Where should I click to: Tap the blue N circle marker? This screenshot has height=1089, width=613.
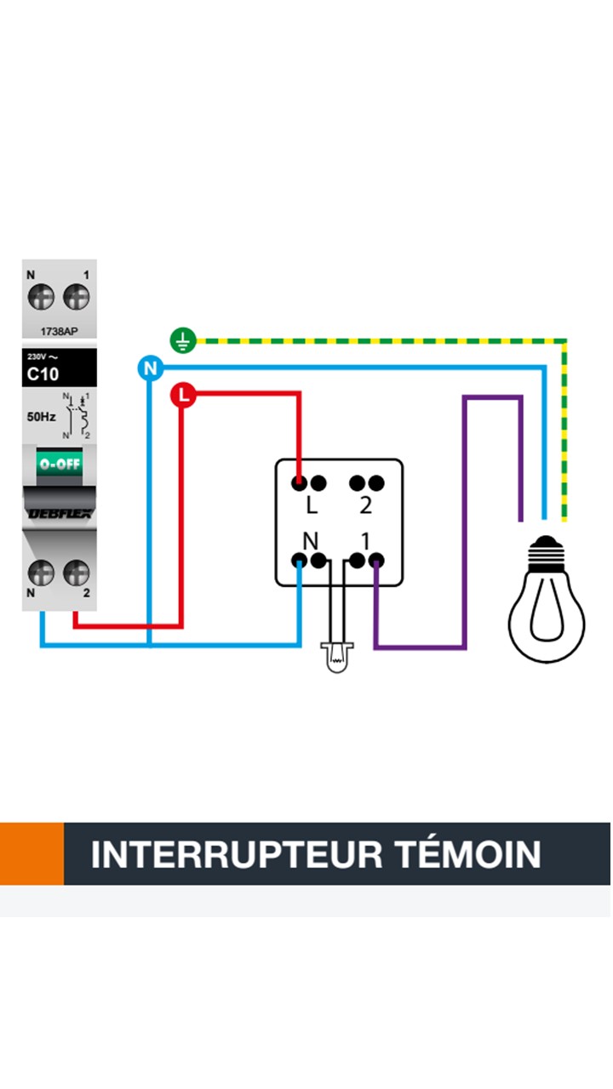click(x=150, y=368)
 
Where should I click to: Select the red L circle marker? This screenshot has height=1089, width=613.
click(x=183, y=396)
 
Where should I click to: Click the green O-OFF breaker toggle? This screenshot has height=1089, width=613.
click(x=58, y=465)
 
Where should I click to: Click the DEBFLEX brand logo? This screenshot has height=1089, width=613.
click(x=59, y=512)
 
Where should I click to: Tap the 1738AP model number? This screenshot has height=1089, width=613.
click(x=60, y=331)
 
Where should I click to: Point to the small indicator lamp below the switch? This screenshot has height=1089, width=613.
click(x=337, y=656)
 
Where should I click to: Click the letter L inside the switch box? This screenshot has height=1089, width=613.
click(x=312, y=506)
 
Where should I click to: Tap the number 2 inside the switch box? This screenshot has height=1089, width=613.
click(x=366, y=505)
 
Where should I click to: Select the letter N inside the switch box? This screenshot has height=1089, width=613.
click(x=312, y=541)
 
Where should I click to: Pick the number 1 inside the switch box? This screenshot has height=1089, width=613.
click(x=364, y=541)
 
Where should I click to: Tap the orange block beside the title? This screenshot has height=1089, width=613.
click(x=32, y=853)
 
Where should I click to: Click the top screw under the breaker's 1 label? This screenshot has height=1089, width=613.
click(x=77, y=297)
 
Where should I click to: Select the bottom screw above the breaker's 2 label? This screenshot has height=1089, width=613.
click(x=77, y=572)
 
